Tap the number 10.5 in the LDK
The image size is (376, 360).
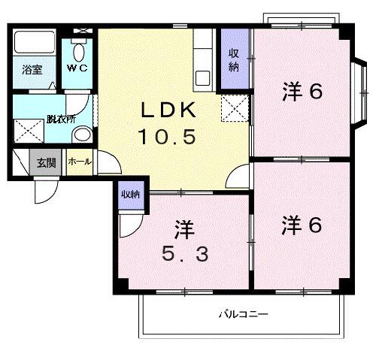167,137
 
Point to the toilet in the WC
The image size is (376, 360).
79,51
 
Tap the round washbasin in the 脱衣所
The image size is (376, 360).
82,135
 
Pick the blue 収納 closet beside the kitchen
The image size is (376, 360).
234,60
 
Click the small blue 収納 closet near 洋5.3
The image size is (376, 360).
130,195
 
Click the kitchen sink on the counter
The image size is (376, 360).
203,77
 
